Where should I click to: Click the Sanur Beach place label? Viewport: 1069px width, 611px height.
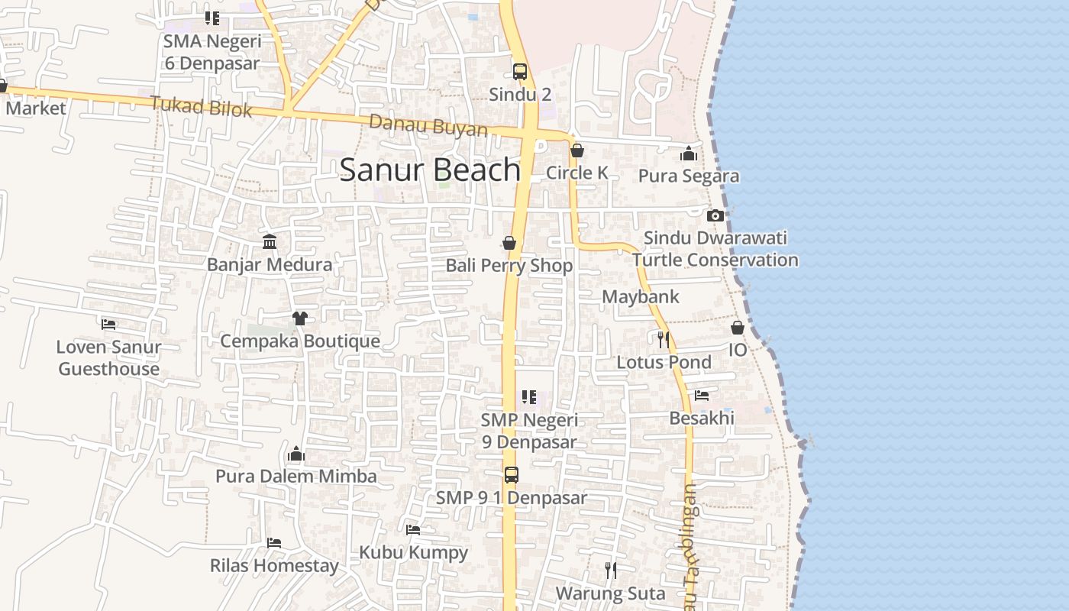[x=430, y=170]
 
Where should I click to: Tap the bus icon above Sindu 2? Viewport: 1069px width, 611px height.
[x=520, y=72]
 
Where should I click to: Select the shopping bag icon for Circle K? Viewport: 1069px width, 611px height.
[x=577, y=150]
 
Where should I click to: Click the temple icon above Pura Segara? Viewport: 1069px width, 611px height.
[x=689, y=154]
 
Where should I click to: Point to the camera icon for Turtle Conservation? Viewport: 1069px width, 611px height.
[x=715, y=216]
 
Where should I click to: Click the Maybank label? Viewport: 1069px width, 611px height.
[x=641, y=297]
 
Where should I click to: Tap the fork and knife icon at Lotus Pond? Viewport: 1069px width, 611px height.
[x=663, y=339]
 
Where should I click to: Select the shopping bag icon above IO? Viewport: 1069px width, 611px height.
[x=738, y=328]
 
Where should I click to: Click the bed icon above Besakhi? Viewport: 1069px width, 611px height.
[x=702, y=396]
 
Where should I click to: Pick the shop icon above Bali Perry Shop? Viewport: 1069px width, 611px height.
[x=509, y=244]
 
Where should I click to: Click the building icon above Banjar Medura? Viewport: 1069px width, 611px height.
[x=270, y=242]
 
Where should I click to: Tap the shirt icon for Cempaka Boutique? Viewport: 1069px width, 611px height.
[x=299, y=318]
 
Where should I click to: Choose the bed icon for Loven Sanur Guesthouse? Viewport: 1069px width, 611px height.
[x=108, y=325]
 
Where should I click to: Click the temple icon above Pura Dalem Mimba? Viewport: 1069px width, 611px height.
[x=296, y=455]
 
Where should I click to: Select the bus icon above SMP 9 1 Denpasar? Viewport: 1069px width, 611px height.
[x=512, y=475]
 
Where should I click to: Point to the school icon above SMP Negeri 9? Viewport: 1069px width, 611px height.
[x=529, y=397]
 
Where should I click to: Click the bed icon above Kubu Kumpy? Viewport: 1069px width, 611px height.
[x=413, y=529]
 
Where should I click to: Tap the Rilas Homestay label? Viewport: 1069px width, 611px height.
[x=274, y=566]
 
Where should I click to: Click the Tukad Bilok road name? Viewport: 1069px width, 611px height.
[x=201, y=106]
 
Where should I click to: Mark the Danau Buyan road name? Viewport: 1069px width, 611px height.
[x=428, y=126]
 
